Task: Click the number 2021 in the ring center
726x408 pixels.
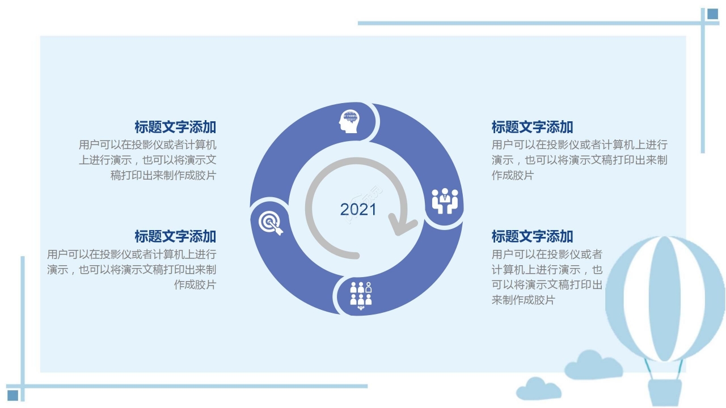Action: [358, 209]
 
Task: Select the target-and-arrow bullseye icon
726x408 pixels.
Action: [271, 223]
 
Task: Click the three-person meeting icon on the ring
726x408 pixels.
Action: [445, 201]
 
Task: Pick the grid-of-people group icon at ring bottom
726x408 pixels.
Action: [361, 296]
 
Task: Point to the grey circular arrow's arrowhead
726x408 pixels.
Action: [403, 224]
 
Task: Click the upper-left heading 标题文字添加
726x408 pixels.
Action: [175, 127]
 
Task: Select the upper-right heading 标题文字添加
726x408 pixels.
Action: [532, 127]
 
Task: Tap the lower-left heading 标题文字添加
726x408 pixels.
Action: [175, 236]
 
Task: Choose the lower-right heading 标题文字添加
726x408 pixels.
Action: [532, 236]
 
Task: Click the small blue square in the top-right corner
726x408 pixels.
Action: [713, 14]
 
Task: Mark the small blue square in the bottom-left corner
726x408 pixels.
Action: [12, 396]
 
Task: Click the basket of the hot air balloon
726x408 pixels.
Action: [664, 393]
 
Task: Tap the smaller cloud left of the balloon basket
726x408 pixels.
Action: [538, 389]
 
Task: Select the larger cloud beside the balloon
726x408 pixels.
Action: [593, 365]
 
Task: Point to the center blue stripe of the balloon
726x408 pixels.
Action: [664, 299]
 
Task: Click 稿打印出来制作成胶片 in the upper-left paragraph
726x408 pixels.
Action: [163, 175]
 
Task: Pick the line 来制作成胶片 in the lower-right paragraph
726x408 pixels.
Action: [524, 300]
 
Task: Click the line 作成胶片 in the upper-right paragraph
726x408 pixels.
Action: [512, 175]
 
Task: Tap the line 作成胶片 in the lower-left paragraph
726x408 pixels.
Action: [195, 284]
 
